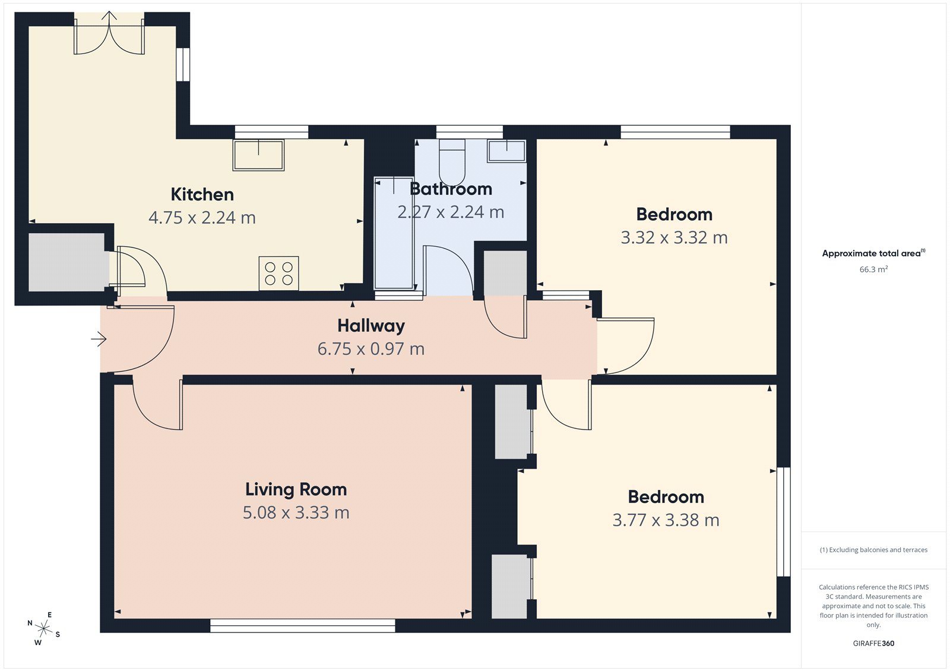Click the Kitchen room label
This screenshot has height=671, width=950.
pos(202,195)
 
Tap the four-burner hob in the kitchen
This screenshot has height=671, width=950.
pos(278,274)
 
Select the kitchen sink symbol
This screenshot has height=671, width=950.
pos(258,155)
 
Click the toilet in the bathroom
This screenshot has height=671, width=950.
pos(452,161)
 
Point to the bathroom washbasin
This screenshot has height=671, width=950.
pos(506,151)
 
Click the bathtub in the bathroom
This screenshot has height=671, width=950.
pos(394,233)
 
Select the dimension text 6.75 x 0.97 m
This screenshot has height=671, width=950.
pos(371,349)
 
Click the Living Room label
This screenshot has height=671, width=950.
pos(296,489)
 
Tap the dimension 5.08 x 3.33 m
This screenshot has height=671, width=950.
pos(296,513)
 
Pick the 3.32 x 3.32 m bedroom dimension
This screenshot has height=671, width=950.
pos(674,238)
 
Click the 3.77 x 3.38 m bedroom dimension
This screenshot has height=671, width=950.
pos(666,520)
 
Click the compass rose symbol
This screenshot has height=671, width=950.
pos(43,628)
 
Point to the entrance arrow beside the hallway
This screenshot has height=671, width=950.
pos(99,339)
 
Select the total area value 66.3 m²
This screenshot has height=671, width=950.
pos(873,269)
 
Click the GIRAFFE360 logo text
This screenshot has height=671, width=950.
pos(873,643)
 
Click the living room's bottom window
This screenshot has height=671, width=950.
pos(303,625)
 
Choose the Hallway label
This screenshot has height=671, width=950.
pos(371,326)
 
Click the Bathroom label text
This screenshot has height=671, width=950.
pos(451,189)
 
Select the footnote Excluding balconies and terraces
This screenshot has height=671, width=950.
pos(873,550)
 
